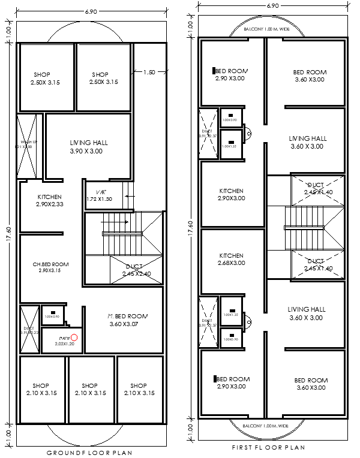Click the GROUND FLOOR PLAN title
tap(89, 453)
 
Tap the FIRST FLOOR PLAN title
tap(268, 447)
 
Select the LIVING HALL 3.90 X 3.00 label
tap(88, 147)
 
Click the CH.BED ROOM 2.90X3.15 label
tap(50, 267)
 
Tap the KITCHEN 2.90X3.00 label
tap(231, 194)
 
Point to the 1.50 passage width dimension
tap(149, 72)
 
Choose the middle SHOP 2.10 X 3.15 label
tap(89, 390)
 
